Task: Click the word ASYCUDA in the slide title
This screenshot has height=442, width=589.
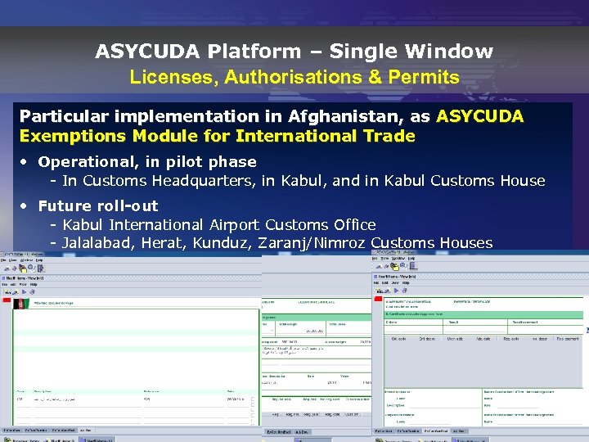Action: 148,52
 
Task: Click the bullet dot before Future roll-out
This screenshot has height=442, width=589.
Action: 26,206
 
